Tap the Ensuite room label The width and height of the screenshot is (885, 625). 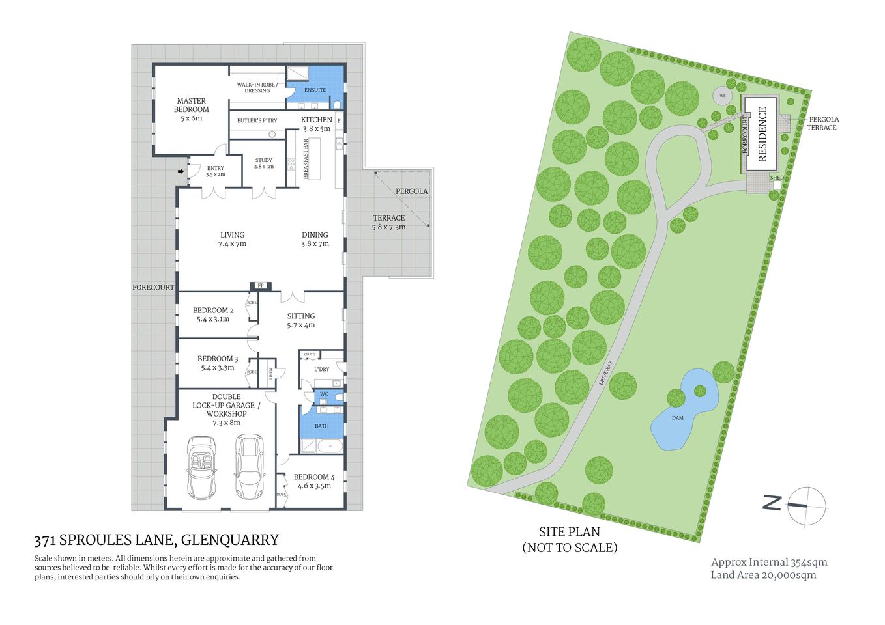[x=315, y=90]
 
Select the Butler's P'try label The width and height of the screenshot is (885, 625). [x=257, y=120]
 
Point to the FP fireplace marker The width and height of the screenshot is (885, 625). [x=261, y=285]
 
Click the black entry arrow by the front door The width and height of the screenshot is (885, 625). [x=181, y=171]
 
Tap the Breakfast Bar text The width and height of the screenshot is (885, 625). [x=306, y=159]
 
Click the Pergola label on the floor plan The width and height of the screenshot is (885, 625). [x=411, y=191]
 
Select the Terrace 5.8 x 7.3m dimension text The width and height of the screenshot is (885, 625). [x=388, y=227]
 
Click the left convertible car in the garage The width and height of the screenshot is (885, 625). [x=201, y=467]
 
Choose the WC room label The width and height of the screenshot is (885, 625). [x=324, y=395]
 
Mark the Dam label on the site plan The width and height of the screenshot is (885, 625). [x=678, y=417]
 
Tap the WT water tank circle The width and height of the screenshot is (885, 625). [x=722, y=96]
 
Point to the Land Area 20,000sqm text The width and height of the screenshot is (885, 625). [x=763, y=575]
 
